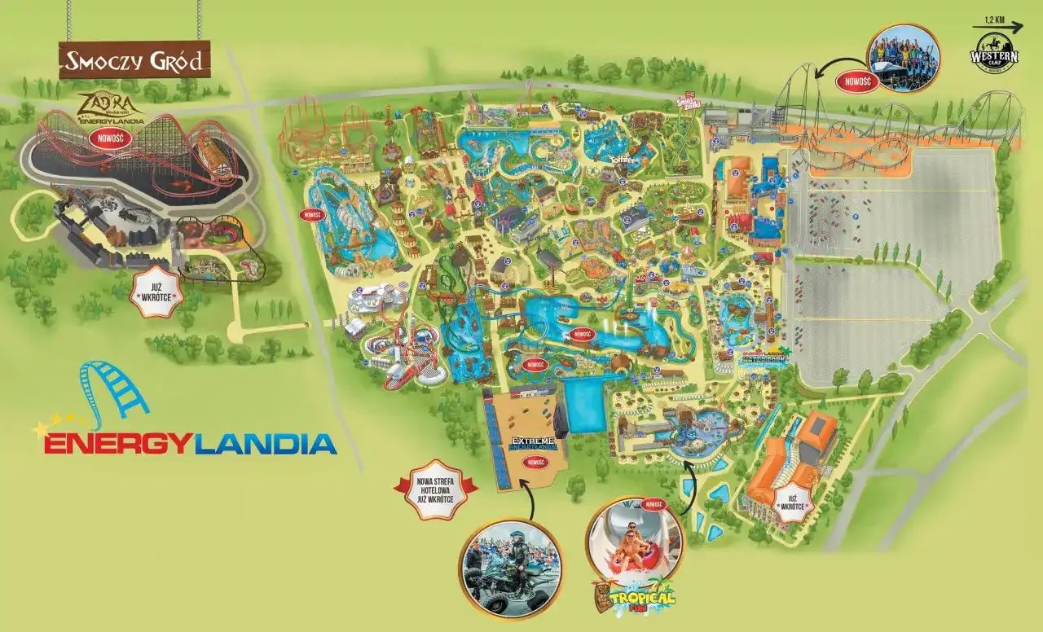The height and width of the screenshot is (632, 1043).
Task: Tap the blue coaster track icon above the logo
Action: pos(115,394)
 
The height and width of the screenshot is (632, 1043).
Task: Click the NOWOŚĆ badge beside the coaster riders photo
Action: pos(858,81)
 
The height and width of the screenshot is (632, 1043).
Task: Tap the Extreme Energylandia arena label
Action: pos(534,443)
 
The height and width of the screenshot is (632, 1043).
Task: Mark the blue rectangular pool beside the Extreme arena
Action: pos(585,404)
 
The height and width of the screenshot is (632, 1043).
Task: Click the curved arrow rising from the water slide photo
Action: pos(691,486)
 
